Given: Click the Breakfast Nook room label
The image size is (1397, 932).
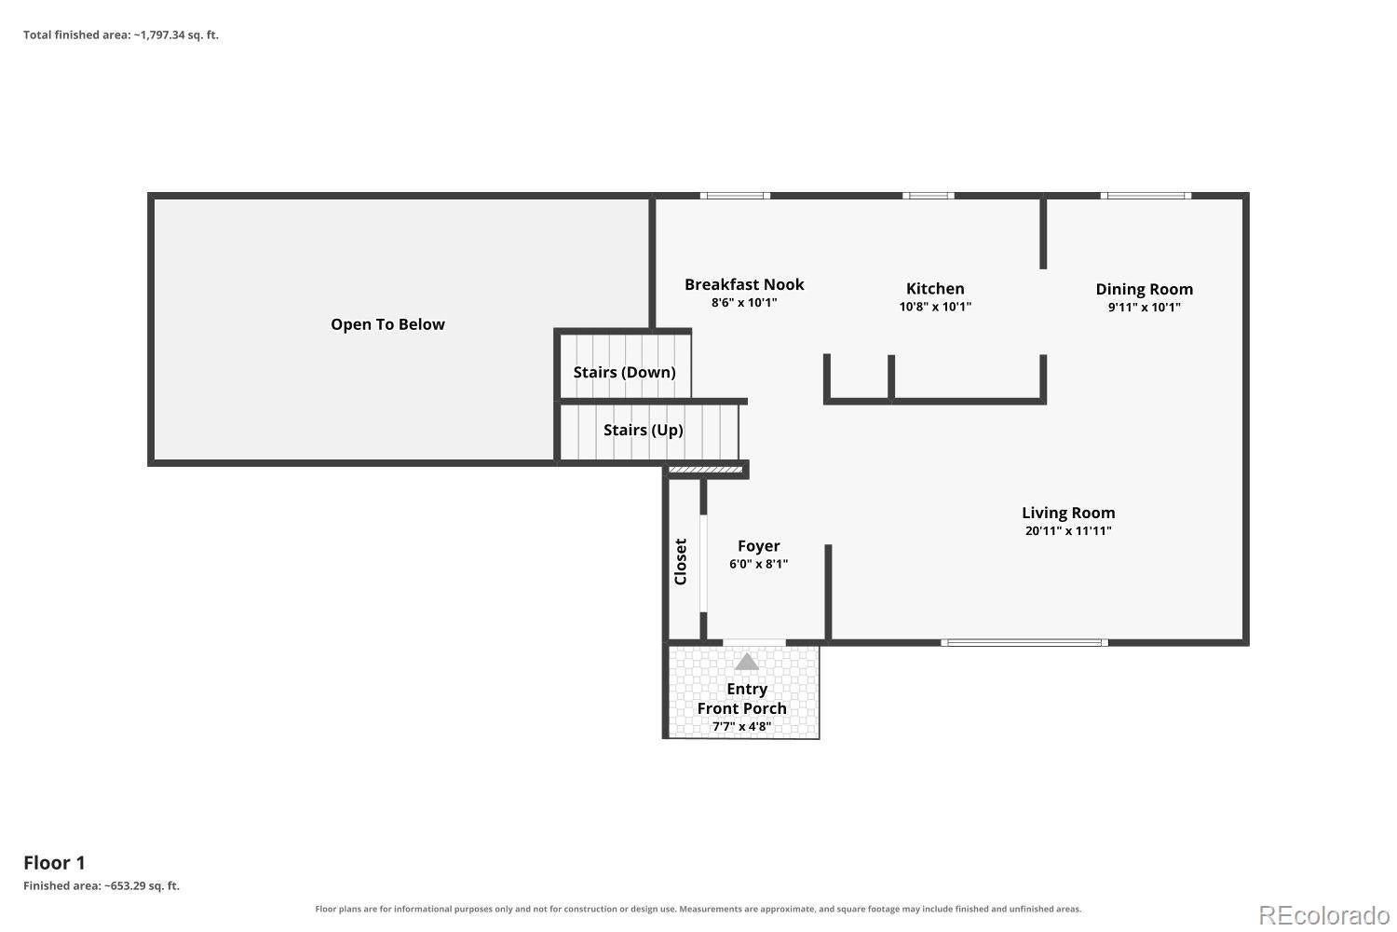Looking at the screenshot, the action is (744, 284).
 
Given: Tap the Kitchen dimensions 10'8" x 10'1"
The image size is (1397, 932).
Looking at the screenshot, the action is (935, 307).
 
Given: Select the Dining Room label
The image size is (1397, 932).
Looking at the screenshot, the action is (1144, 289).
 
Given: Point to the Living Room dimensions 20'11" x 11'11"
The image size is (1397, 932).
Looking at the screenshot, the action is (1068, 530).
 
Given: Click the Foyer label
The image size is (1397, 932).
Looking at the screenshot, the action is (758, 546).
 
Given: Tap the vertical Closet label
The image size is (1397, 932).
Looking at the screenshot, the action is (681, 562).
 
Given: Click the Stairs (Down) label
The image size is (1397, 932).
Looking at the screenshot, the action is (624, 372).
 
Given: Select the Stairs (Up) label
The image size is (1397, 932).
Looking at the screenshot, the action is (643, 430).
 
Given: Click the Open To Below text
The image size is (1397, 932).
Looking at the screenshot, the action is (387, 324).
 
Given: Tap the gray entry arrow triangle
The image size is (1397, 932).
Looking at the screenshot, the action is (747, 663).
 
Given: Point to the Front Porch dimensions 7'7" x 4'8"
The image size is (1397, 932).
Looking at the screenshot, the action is (741, 727).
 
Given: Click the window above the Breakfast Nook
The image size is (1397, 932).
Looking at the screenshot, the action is (735, 196).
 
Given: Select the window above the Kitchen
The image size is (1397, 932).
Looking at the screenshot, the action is (928, 196).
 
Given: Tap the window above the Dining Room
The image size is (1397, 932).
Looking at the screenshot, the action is (1146, 196).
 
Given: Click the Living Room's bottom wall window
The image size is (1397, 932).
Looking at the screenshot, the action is (1024, 642).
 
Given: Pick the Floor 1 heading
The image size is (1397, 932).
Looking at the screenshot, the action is (54, 863).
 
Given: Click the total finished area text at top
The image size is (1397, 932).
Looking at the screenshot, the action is (121, 35).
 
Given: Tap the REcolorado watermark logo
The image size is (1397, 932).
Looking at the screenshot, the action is (1324, 916).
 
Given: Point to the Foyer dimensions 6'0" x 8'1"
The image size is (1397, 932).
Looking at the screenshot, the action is (758, 564).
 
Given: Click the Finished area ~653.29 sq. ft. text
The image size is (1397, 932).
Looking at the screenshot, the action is (101, 885).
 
